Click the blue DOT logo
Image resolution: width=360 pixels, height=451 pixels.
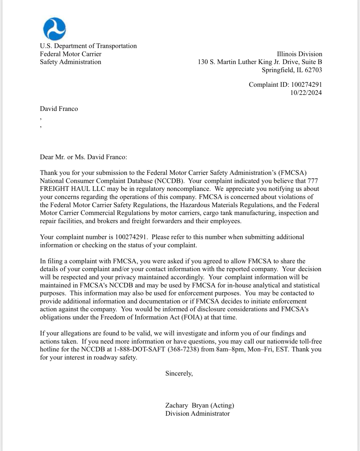pyautogui.click(x=54, y=29)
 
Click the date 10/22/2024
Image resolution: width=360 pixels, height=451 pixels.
pyautogui.click(x=306, y=93)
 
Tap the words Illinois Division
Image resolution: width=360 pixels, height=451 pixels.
pyautogui.click(x=299, y=54)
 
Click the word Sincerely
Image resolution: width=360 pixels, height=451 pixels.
pyautogui.click(x=179, y=374)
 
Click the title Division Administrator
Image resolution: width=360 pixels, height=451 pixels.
pyautogui.click(x=197, y=414)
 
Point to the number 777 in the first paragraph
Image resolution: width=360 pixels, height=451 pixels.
pyautogui.click(x=313, y=181)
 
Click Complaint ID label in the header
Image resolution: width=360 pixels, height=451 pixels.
pyautogui.click(x=269, y=85)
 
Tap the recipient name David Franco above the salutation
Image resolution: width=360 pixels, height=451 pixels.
pyautogui.click(x=59, y=109)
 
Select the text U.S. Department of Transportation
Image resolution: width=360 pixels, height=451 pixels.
pyautogui.click(x=88, y=46)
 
